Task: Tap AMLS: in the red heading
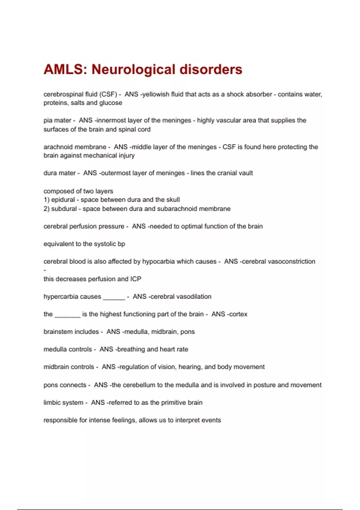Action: tap(65, 70)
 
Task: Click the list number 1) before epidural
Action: tap(46, 200)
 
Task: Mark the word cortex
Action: tap(238, 314)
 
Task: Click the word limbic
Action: tap(51, 403)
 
